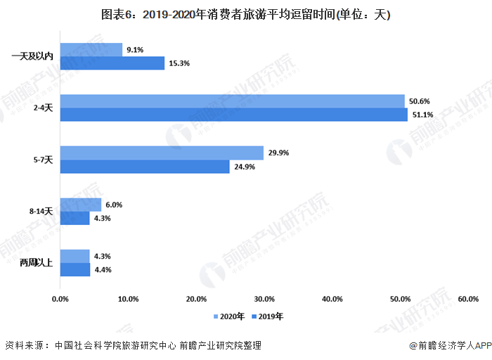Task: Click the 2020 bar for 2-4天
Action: click(x=232, y=101)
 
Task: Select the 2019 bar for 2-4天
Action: click(x=233, y=115)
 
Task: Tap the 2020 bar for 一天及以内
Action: click(x=91, y=50)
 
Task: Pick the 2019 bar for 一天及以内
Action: click(x=112, y=63)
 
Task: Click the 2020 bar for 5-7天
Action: click(x=162, y=153)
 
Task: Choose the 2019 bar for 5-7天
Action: click(x=145, y=167)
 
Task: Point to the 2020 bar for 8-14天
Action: click(x=81, y=205)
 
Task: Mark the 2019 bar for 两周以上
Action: click(x=75, y=269)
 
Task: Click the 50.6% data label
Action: click(x=419, y=101)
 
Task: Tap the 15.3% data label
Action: click(x=179, y=63)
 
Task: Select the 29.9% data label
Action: click(x=278, y=153)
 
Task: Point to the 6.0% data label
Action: click(x=114, y=205)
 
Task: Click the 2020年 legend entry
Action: click(x=229, y=316)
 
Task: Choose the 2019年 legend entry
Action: click(x=267, y=316)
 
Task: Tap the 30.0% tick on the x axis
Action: click(x=264, y=300)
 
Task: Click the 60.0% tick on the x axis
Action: click(x=467, y=300)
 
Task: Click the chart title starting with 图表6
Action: click(x=245, y=14)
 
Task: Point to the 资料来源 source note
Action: click(x=133, y=345)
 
